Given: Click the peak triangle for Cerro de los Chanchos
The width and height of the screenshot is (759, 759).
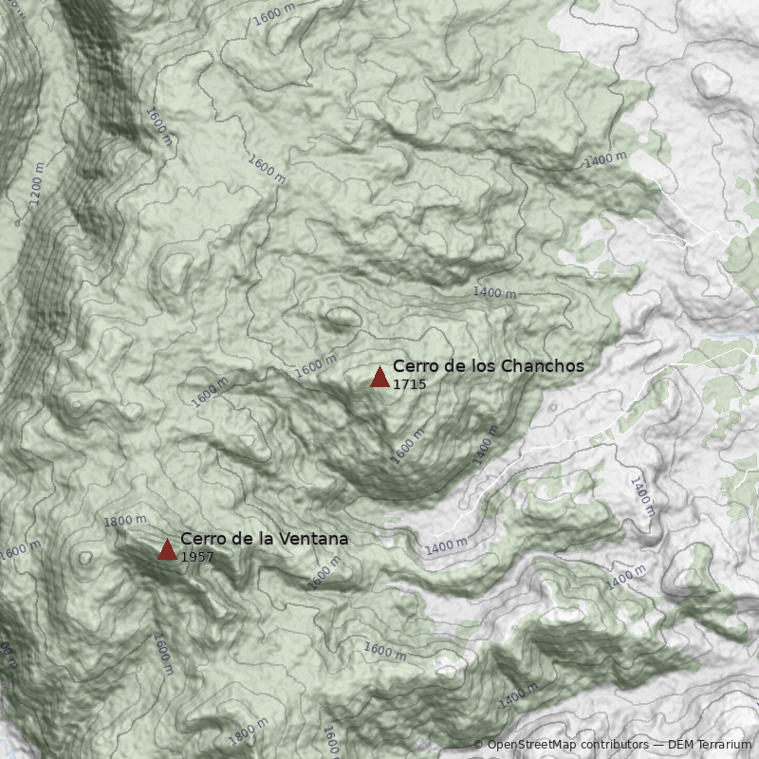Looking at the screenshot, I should point(379,378).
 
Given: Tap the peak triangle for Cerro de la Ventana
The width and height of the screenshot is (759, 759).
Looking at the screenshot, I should point(167,550).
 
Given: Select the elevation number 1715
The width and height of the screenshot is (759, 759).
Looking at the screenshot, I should point(409,384).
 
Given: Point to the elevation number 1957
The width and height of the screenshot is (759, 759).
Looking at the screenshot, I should point(196,557).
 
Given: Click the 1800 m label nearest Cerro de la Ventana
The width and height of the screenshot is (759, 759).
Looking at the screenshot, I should point(125,521).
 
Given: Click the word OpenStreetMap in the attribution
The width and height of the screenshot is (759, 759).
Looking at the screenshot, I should point(535,745).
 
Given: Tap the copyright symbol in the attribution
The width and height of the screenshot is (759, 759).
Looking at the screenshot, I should point(478,745).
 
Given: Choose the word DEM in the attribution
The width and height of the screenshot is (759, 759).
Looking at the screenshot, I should point(681,745).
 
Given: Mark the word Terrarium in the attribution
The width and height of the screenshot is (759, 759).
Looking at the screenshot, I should point(726,745).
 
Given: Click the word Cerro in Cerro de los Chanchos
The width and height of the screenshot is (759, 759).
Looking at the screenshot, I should point(414,366).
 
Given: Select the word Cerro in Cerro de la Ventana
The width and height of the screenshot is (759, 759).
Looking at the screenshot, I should point(201,539).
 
